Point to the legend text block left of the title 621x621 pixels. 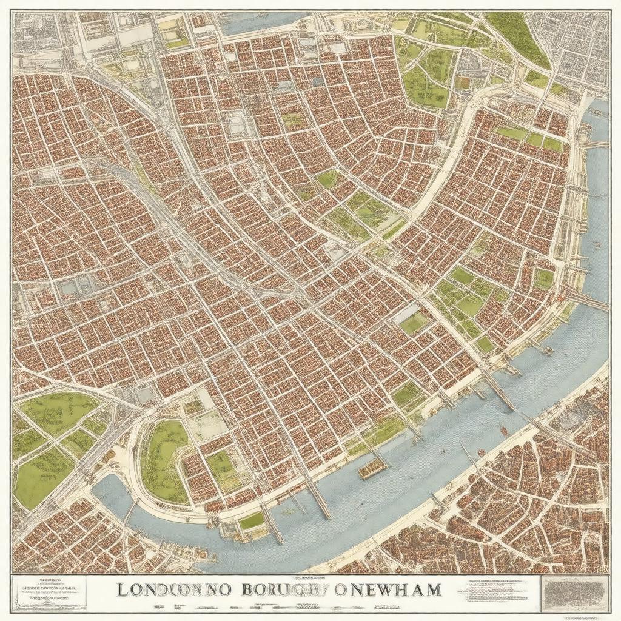point(49,591)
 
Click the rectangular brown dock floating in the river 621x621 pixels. point(372,468)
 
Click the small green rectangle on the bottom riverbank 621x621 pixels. point(252,520)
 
